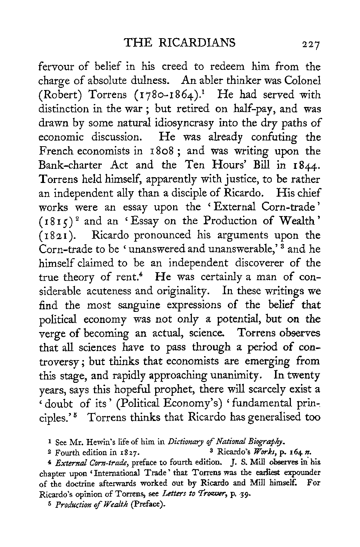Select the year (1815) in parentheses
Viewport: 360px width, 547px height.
pyautogui.click(x=53, y=221)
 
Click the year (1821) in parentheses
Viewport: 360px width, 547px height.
pyautogui.click(x=53, y=235)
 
